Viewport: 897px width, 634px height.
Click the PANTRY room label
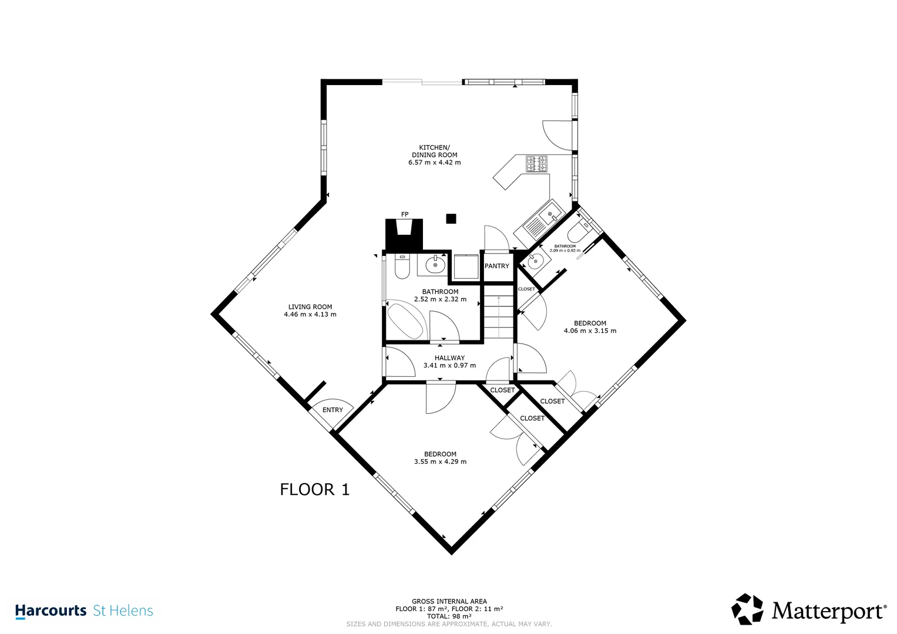[x=496, y=266]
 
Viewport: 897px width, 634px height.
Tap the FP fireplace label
[x=405, y=214]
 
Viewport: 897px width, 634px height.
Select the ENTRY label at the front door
[x=332, y=410]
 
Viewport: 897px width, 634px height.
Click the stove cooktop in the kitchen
[x=536, y=164]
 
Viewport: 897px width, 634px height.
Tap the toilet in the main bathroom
[x=402, y=266]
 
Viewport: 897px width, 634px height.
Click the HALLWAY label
[x=450, y=358]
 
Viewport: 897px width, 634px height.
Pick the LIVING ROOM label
[x=310, y=307]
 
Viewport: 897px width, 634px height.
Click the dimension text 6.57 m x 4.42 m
[x=435, y=163]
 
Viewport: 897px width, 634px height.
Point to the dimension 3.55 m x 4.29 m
[x=440, y=461]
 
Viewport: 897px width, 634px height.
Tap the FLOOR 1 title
[x=315, y=490]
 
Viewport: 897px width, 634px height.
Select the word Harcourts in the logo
[x=51, y=611]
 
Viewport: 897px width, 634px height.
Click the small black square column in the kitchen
[x=451, y=218]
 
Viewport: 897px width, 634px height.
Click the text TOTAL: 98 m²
[x=449, y=616]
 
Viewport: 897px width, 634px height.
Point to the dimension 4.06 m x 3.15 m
[x=590, y=331]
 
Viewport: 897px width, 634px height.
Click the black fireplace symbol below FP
[x=404, y=235]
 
